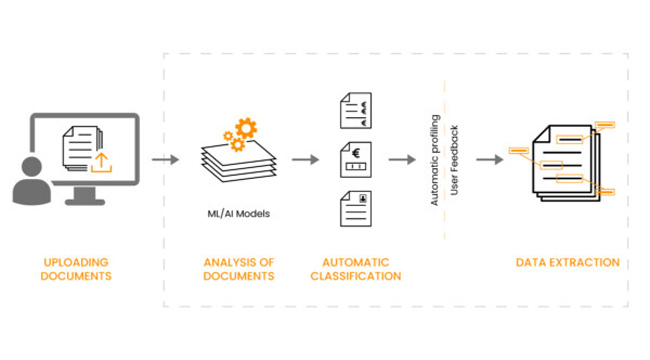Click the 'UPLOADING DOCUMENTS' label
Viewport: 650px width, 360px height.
(76, 269)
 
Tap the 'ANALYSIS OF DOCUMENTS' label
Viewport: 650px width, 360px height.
(239, 269)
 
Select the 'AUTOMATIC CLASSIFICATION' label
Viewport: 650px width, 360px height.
(356, 269)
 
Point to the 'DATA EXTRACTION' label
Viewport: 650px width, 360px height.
(568, 263)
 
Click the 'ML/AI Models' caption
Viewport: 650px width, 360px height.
(239, 214)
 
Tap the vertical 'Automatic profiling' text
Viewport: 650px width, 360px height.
(434, 160)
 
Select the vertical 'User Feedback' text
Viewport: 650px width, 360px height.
(454, 160)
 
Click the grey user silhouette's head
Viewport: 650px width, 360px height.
(32, 167)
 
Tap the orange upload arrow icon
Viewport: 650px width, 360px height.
(101, 163)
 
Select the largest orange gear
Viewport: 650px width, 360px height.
(246, 128)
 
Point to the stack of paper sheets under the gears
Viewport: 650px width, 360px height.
(239, 162)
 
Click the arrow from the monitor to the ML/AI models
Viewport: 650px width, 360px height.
(165, 160)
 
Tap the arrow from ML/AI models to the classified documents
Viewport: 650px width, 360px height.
(306, 160)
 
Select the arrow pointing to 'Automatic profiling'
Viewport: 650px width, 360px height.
(402, 160)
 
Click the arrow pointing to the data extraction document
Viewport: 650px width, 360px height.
(490, 160)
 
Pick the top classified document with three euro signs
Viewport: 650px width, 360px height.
(356, 111)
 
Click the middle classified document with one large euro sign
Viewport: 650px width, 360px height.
(356, 160)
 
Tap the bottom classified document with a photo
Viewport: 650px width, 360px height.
(356, 209)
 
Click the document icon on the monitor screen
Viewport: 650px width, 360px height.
(82, 148)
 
